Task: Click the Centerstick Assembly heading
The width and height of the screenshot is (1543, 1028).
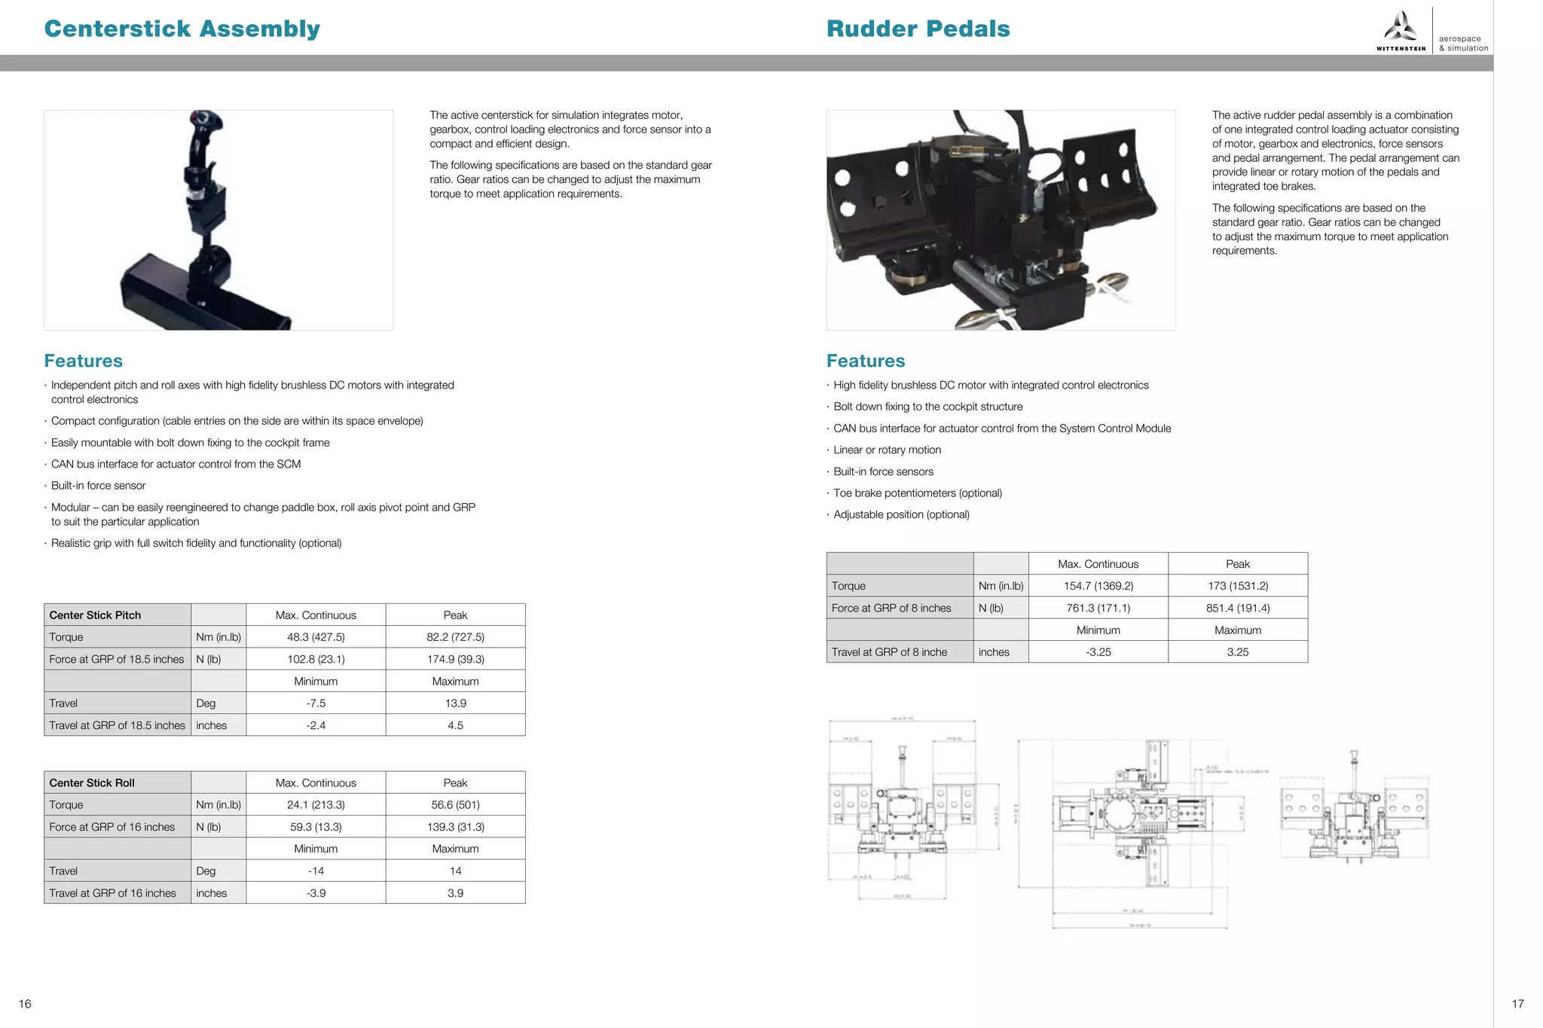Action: point(182,29)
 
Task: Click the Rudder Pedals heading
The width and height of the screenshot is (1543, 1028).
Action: point(918,29)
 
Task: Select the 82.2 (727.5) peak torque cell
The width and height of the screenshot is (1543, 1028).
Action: point(455,637)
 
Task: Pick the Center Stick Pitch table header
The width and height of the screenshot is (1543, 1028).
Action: point(95,615)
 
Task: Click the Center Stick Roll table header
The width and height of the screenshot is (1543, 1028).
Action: point(92,783)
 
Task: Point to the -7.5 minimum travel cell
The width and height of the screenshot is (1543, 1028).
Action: point(316,703)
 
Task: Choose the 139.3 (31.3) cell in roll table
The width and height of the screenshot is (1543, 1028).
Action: point(455,827)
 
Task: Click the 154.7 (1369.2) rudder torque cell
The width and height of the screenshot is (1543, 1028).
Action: point(1098,586)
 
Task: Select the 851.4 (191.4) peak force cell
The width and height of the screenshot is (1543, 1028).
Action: point(1237,609)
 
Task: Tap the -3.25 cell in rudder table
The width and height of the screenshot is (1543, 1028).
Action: point(1098,652)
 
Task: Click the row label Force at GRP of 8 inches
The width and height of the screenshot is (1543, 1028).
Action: point(891,609)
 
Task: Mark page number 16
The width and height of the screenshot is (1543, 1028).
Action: point(25,1004)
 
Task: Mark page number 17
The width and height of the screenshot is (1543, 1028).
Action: point(1517,1004)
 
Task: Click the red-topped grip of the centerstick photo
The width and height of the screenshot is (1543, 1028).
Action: point(205,124)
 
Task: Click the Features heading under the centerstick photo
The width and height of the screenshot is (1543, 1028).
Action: point(83,361)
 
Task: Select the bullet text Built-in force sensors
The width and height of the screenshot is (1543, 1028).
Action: point(883,471)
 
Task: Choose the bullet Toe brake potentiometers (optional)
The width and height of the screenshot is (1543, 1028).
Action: point(917,493)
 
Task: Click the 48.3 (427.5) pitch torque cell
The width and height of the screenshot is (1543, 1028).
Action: point(316,637)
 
